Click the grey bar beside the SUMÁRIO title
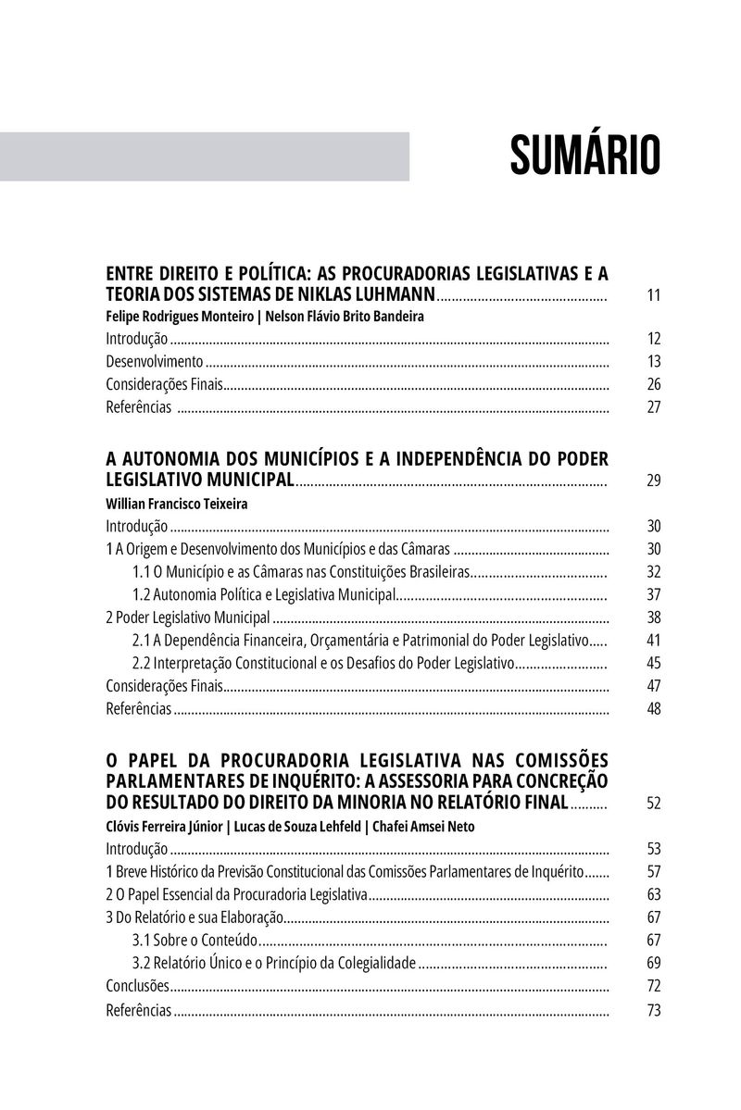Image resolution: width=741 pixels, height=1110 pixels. [x=205, y=156]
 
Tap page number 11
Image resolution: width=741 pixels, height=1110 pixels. [x=653, y=296]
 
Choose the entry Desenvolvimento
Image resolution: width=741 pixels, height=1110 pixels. [x=154, y=362]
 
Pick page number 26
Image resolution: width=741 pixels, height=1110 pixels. [x=653, y=384]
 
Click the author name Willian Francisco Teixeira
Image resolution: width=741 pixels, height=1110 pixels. [x=178, y=505]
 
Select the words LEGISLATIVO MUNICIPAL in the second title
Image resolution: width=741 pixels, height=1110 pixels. [x=200, y=480]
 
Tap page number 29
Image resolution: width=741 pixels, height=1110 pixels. [x=653, y=480]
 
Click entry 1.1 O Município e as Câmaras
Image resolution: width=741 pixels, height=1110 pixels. [x=302, y=572]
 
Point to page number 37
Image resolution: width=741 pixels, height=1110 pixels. [x=653, y=594]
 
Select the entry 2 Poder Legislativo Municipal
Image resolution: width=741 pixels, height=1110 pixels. [x=188, y=617]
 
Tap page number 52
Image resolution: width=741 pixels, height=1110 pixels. [x=653, y=803]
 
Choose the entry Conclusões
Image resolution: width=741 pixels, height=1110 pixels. [x=138, y=986]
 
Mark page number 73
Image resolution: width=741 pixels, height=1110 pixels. [x=653, y=1010]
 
